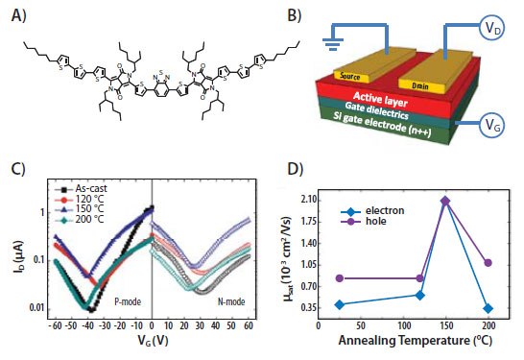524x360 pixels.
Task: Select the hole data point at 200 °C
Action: click(488, 262)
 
